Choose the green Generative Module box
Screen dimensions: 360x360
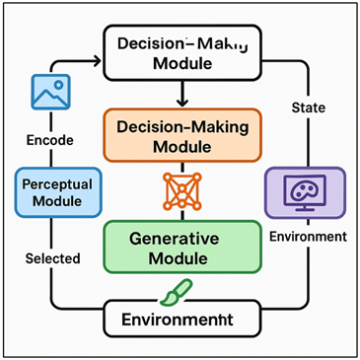[x=182, y=247]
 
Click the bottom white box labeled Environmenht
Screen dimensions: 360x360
[x=182, y=320]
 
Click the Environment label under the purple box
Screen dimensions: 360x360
[x=308, y=237]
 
